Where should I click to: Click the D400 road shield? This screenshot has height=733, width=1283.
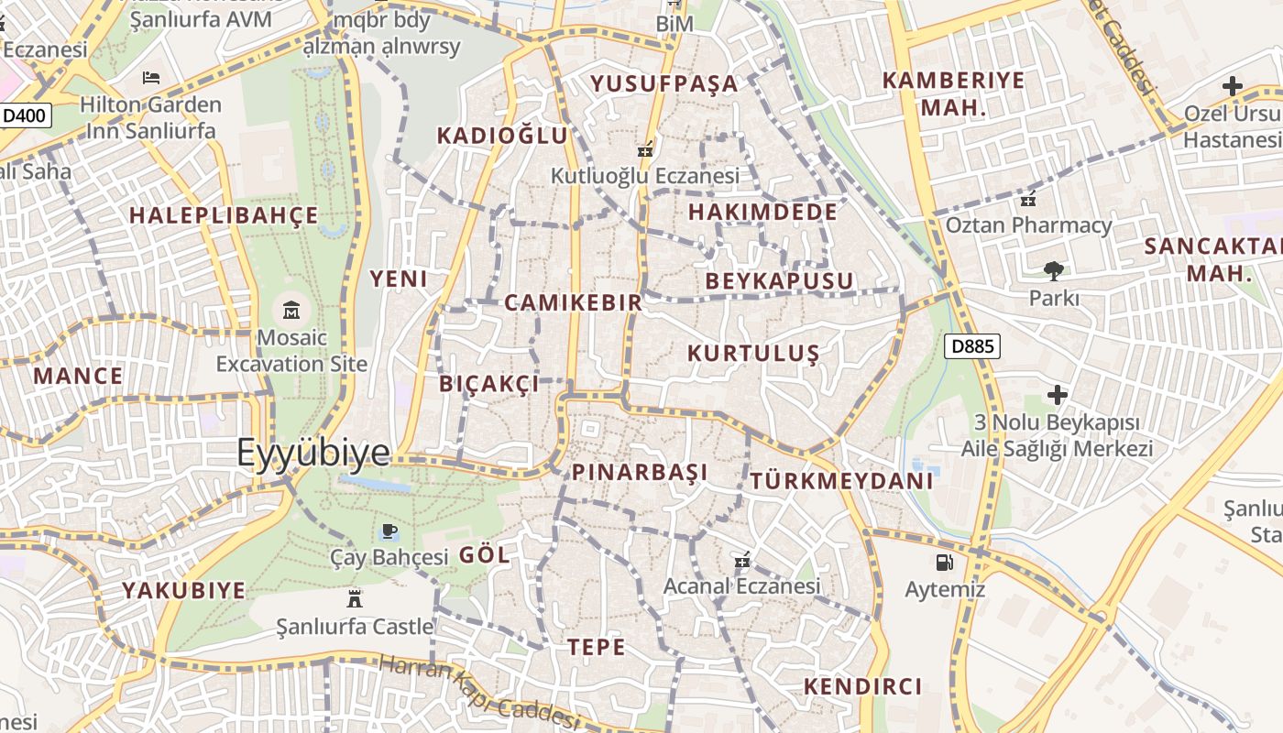tap(25, 115)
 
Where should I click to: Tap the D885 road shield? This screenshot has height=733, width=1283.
tap(971, 346)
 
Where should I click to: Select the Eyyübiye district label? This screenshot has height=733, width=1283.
tap(313, 453)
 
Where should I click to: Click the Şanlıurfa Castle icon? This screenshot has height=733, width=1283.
tap(355, 599)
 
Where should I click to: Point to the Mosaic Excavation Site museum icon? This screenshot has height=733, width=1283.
tap(291, 310)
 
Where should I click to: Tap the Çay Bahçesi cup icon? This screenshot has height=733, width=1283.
tap(389, 531)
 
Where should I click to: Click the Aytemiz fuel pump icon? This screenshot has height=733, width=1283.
tap(944, 562)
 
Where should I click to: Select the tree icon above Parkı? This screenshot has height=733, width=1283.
tap(1053, 270)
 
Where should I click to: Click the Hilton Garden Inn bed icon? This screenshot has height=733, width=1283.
tap(151, 78)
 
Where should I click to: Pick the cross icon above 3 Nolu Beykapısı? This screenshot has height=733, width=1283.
tap(1058, 395)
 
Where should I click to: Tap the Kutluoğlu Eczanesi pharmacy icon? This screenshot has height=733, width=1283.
tap(645, 148)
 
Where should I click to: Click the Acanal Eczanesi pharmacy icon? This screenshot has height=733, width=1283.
tap(742, 559)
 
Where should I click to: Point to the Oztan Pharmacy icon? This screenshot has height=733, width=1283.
tap(1028, 198)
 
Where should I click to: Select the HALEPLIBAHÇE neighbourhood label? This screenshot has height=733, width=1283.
tap(224, 216)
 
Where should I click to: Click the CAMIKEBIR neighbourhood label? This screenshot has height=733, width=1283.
tap(573, 302)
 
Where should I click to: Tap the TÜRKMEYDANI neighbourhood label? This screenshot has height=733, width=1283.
tap(841, 481)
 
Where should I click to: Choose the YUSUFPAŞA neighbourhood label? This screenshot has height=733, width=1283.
tap(663, 84)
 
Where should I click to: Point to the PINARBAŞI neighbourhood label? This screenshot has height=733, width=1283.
tap(640, 473)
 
